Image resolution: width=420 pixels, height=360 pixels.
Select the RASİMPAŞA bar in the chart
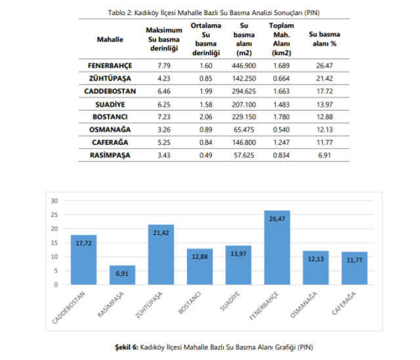click(122, 275)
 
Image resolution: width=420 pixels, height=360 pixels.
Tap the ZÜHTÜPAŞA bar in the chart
click(161, 256)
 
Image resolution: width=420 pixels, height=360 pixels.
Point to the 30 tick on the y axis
click(55, 201)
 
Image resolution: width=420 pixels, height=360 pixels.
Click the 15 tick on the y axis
click(55, 243)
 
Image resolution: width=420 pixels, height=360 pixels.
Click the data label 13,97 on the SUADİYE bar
click(238, 253)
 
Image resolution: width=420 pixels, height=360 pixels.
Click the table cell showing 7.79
click(164, 66)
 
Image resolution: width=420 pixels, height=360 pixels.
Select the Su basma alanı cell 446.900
click(244, 66)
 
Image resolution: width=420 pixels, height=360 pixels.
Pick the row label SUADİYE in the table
click(110, 104)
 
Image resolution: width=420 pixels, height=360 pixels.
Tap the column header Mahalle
click(110, 40)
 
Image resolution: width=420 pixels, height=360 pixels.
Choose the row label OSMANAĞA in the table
click(110, 130)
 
